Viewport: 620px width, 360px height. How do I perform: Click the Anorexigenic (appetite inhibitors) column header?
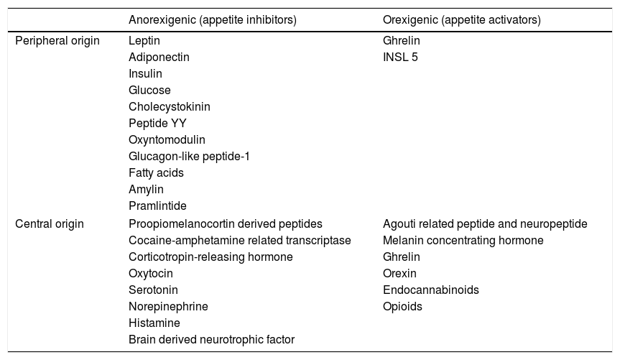pyautogui.click(x=213, y=20)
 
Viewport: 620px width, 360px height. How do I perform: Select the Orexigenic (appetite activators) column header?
pyautogui.click(x=461, y=20)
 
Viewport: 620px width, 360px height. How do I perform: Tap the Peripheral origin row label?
pyautogui.click(x=57, y=41)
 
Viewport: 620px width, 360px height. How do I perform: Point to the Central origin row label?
pyautogui.click(x=50, y=223)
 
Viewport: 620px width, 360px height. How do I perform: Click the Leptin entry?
pyautogui.click(x=144, y=41)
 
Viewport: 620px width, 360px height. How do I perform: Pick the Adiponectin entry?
pyautogui.click(x=159, y=57)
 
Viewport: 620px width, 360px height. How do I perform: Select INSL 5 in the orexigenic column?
pyautogui.click(x=400, y=57)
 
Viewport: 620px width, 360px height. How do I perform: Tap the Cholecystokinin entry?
pyautogui.click(x=170, y=107)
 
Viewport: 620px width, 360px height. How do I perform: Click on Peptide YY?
pyautogui.click(x=157, y=124)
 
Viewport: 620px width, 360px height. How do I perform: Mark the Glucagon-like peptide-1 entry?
pyautogui.click(x=189, y=157)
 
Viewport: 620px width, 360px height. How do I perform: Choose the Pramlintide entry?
pyautogui.click(x=157, y=206)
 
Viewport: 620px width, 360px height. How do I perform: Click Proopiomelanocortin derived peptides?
pyautogui.click(x=226, y=223)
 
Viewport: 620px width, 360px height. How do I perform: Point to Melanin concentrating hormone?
pyautogui.click(x=463, y=240)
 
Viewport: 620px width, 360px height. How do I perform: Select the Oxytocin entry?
pyautogui.click(x=151, y=273)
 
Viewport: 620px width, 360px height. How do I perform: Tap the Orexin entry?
pyautogui.click(x=399, y=273)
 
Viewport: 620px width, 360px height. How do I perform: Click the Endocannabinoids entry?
pyautogui.click(x=430, y=290)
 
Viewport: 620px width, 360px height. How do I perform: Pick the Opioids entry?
pyautogui.click(x=402, y=306)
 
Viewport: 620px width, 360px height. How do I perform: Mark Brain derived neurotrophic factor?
pyautogui.click(x=211, y=339)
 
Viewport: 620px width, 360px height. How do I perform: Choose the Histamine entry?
pyautogui.click(x=154, y=323)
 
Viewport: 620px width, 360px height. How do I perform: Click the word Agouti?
pyautogui.click(x=399, y=223)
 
